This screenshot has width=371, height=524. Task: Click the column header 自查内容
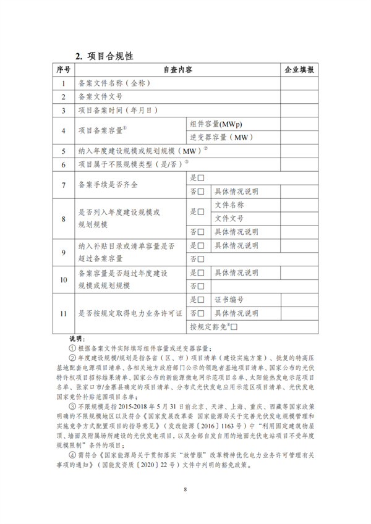[177, 70]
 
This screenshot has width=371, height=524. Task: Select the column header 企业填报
[299, 70]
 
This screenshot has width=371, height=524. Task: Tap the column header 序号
[63, 70]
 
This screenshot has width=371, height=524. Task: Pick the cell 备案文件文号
[100, 97]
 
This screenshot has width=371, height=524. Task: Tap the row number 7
[63, 184]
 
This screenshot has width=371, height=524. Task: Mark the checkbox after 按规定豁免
[234, 326]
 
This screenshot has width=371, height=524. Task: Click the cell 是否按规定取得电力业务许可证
[130, 313]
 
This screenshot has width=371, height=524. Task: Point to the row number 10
[63, 279]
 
